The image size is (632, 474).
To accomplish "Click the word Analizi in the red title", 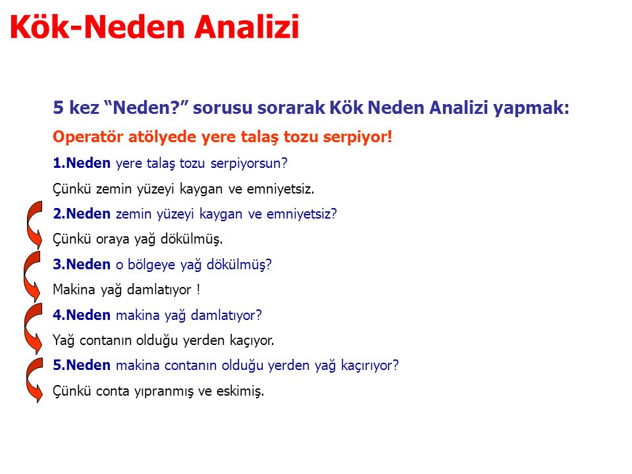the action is [247, 26].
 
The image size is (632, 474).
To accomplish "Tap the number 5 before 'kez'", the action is [59, 107].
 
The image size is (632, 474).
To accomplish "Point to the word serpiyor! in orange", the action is [357, 138].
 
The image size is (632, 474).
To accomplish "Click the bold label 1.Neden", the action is [82, 163].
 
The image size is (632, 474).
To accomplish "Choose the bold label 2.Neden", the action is [82, 213].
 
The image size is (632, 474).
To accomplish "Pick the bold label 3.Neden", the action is [82, 264].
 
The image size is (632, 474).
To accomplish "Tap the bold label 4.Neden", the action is [82, 315].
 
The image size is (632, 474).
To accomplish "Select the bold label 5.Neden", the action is [82, 365].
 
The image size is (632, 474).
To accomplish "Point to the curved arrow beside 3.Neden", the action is [26, 276].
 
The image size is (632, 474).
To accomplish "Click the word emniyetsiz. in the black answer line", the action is [280, 189].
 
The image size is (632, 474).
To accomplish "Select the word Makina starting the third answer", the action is [74, 290].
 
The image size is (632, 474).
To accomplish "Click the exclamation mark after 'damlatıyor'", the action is [198, 290].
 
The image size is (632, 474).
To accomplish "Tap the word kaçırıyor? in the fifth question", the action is [369, 365].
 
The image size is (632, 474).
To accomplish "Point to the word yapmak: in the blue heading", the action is [531, 108].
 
